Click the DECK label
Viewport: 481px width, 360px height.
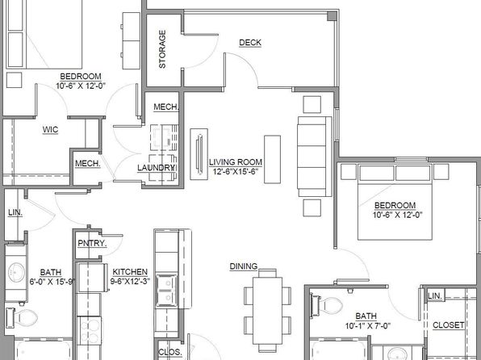[250, 43]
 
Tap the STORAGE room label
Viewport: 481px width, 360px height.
[162, 49]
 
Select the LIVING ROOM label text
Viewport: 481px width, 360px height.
[236, 162]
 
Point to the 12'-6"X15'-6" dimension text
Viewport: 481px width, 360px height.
[236, 172]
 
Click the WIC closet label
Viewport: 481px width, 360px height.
[50, 129]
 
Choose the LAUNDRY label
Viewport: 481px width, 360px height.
[156, 168]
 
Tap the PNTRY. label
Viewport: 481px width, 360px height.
[92, 244]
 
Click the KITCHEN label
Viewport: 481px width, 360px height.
[130, 272]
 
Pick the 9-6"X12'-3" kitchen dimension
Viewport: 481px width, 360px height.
[130, 281]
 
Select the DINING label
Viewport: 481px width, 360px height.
[244, 266]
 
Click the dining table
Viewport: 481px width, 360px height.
[267, 311]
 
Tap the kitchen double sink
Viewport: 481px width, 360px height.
[167, 291]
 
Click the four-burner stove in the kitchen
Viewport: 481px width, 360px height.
[89, 331]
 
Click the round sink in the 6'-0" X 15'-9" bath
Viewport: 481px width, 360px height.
[16, 272]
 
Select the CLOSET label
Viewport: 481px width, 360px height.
[448, 325]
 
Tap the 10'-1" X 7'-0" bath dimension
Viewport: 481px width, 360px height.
[367, 325]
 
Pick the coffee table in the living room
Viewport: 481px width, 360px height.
[273, 160]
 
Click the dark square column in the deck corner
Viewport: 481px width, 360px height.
[332, 16]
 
